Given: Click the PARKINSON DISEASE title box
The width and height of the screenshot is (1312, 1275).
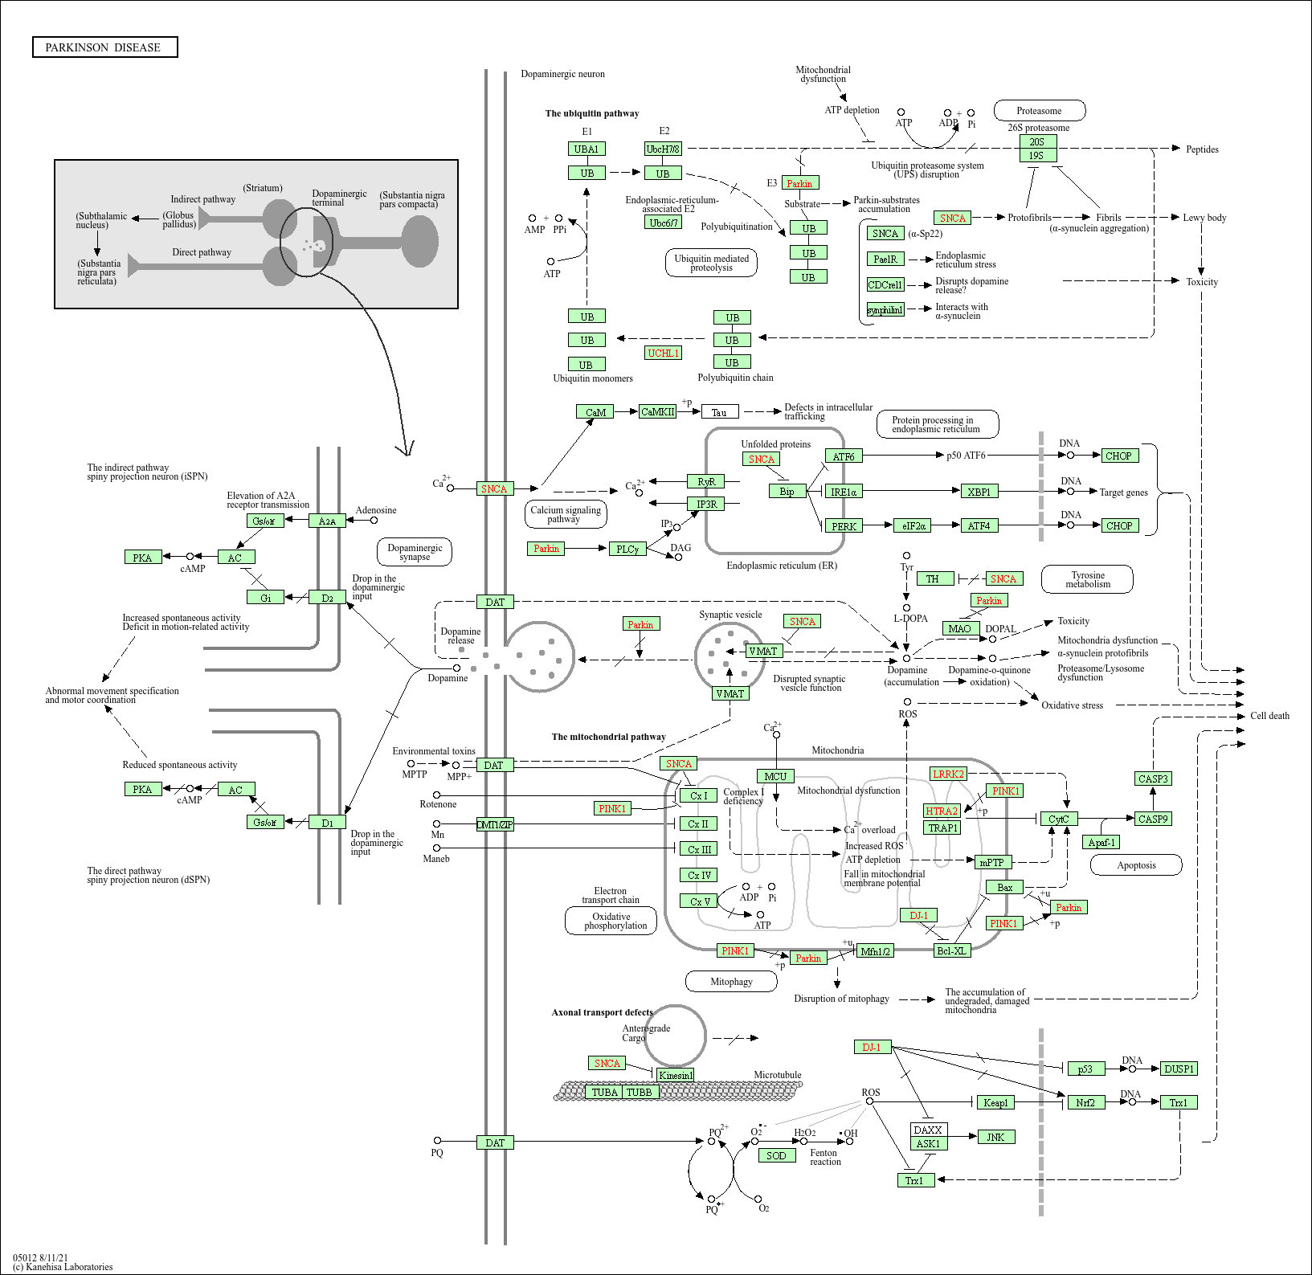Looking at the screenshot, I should [104, 47].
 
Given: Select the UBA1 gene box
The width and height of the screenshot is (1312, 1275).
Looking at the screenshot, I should [587, 149].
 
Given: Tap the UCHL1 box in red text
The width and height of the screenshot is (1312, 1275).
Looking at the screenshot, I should [664, 353].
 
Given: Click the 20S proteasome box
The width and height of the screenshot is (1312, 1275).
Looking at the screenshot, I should [1037, 141].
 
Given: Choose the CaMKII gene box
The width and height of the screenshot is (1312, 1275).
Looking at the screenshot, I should [658, 411].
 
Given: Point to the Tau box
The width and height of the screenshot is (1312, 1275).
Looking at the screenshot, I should [719, 412].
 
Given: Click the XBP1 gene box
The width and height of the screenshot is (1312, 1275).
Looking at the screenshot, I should [979, 491].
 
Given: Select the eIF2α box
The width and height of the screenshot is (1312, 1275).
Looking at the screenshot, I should [913, 525].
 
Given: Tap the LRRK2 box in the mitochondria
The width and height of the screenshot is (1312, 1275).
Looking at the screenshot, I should [948, 774].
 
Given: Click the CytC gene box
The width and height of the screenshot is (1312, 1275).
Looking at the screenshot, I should [1058, 819].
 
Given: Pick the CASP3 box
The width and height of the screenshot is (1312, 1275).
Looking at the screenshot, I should [1153, 778].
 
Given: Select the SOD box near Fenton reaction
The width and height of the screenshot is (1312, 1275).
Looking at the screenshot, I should [776, 1155].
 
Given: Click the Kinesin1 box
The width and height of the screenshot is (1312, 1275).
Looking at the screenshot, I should [675, 1075].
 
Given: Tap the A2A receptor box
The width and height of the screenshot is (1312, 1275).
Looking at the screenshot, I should [327, 521].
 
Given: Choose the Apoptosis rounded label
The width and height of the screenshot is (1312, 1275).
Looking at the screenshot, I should [1136, 865].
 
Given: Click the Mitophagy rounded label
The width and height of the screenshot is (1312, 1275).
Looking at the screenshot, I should [731, 981].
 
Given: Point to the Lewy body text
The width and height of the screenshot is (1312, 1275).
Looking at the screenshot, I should [1204, 217].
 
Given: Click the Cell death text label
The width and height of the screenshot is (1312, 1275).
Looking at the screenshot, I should [1269, 715].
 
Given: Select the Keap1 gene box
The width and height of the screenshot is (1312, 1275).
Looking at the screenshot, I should [995, 1102].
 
